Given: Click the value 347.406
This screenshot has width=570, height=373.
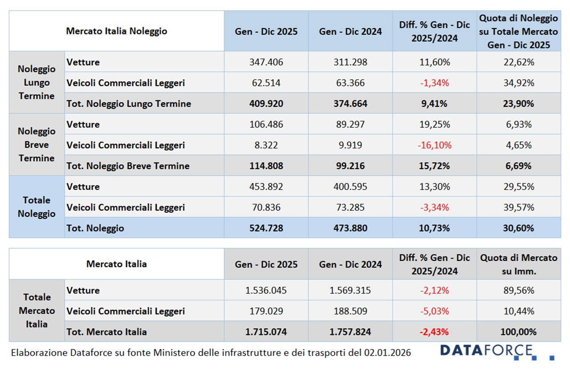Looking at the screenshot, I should pyautogui.click(x=266, y=62).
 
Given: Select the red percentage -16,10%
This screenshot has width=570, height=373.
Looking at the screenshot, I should pyautogui.click(x=434, y=145).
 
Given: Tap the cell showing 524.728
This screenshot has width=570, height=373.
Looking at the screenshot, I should pyautogui.click(x=266, y=228).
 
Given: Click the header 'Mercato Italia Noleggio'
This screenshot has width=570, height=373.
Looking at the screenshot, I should pyautogui.click(x=117, y=31).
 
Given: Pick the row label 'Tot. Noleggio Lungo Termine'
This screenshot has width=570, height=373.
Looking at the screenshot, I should pyautogui.click(x=129, y=104).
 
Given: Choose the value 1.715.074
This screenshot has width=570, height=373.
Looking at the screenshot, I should pyautogui.click(x=266, y=332).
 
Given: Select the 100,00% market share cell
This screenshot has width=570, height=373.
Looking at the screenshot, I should pyautogui.click(x=518, y=332).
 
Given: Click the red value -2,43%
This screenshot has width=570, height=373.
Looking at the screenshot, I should pyautogui.click(x=434, y=332).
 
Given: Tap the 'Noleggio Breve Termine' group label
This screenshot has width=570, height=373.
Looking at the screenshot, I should pyautogui.click(x=37, y=145).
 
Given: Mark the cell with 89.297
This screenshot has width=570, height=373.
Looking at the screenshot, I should pyautogui.click(x=350, y=125).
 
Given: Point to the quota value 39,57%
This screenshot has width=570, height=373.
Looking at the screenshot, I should pyautogui.click(x=518, y=207).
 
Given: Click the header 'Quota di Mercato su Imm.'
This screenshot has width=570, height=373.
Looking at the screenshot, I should pyautogui.click(x=518, y=264).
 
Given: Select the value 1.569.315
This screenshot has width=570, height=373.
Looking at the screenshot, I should pyautogui.click(x=350, y=291).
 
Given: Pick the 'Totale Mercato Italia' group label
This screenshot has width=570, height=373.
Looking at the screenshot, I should pyautogui.click(x=37, y=311).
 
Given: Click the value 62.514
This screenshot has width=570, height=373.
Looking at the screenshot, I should pyautogui.click(x=266, y=83).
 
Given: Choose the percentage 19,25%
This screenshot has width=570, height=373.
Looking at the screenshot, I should pyautogui.click(x=434, y=125).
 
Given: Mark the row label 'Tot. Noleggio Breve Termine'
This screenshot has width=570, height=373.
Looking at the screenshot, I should pyautogui.click(x=128, y=166).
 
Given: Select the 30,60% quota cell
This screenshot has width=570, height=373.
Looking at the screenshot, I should pyautogui.click(x=518, y=228).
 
